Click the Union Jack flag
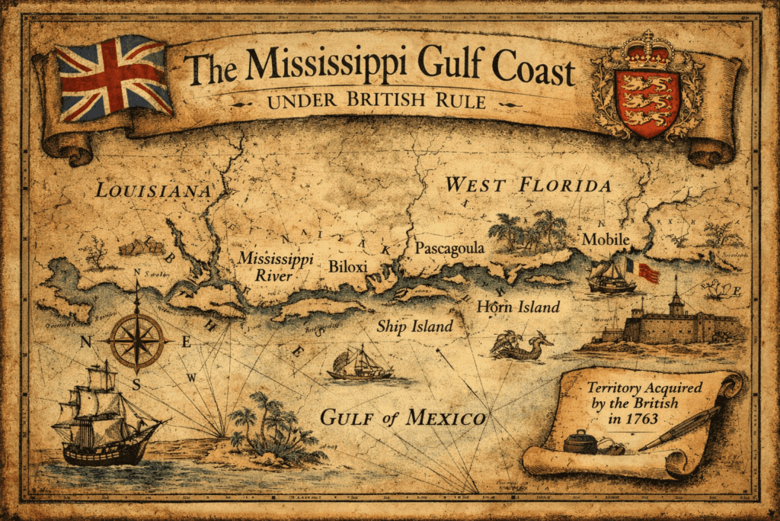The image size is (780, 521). click(113, 78)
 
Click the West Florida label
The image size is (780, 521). click(528, 185)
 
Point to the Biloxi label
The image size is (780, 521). click(348, 266)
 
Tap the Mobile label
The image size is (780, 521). click(606, 240)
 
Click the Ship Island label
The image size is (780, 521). click(415, 326)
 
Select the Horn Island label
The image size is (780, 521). click(518, 307)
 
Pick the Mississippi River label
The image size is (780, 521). click(274, 267)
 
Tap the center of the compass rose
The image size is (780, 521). click(137, 339)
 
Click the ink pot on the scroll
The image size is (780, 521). click(580, 442)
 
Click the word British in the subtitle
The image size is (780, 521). click(397, 101)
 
